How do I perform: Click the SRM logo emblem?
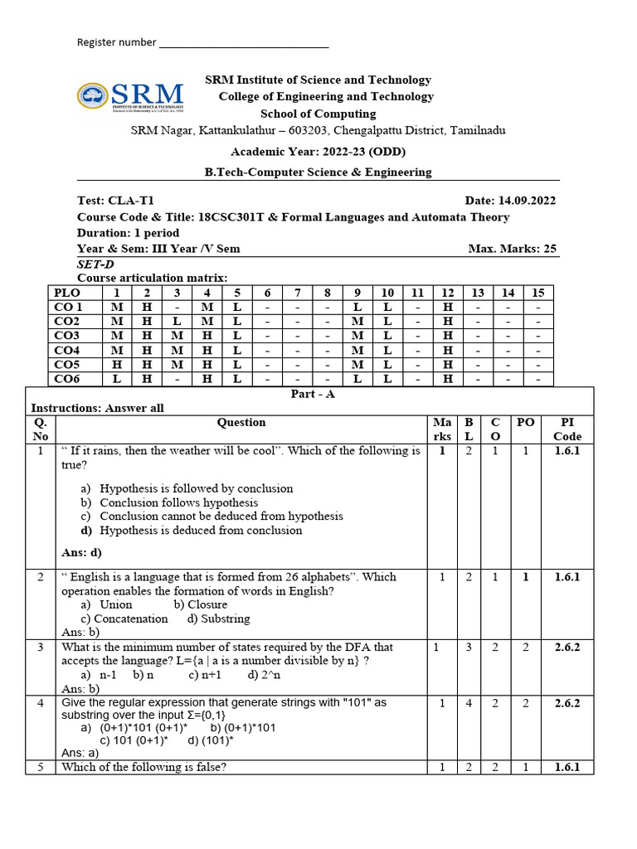tap(93, 96)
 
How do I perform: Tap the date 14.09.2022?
tap(528, 201)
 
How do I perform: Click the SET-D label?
tap(92, 264)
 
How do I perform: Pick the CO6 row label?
tap(67, 379)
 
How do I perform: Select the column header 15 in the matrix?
tap(537, 293)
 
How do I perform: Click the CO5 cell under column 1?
tap(117, 365)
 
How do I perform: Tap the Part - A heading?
tap(313, 395)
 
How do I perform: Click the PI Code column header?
tap(568, 429)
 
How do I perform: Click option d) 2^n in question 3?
tap(263, 675)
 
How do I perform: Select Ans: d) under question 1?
tap(81, 552)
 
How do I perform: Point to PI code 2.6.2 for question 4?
tap(567, 703)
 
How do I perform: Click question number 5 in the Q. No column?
tap(40, 767)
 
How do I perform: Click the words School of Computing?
tap(318, 114)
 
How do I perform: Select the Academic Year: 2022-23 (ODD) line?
tap(318, 152)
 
